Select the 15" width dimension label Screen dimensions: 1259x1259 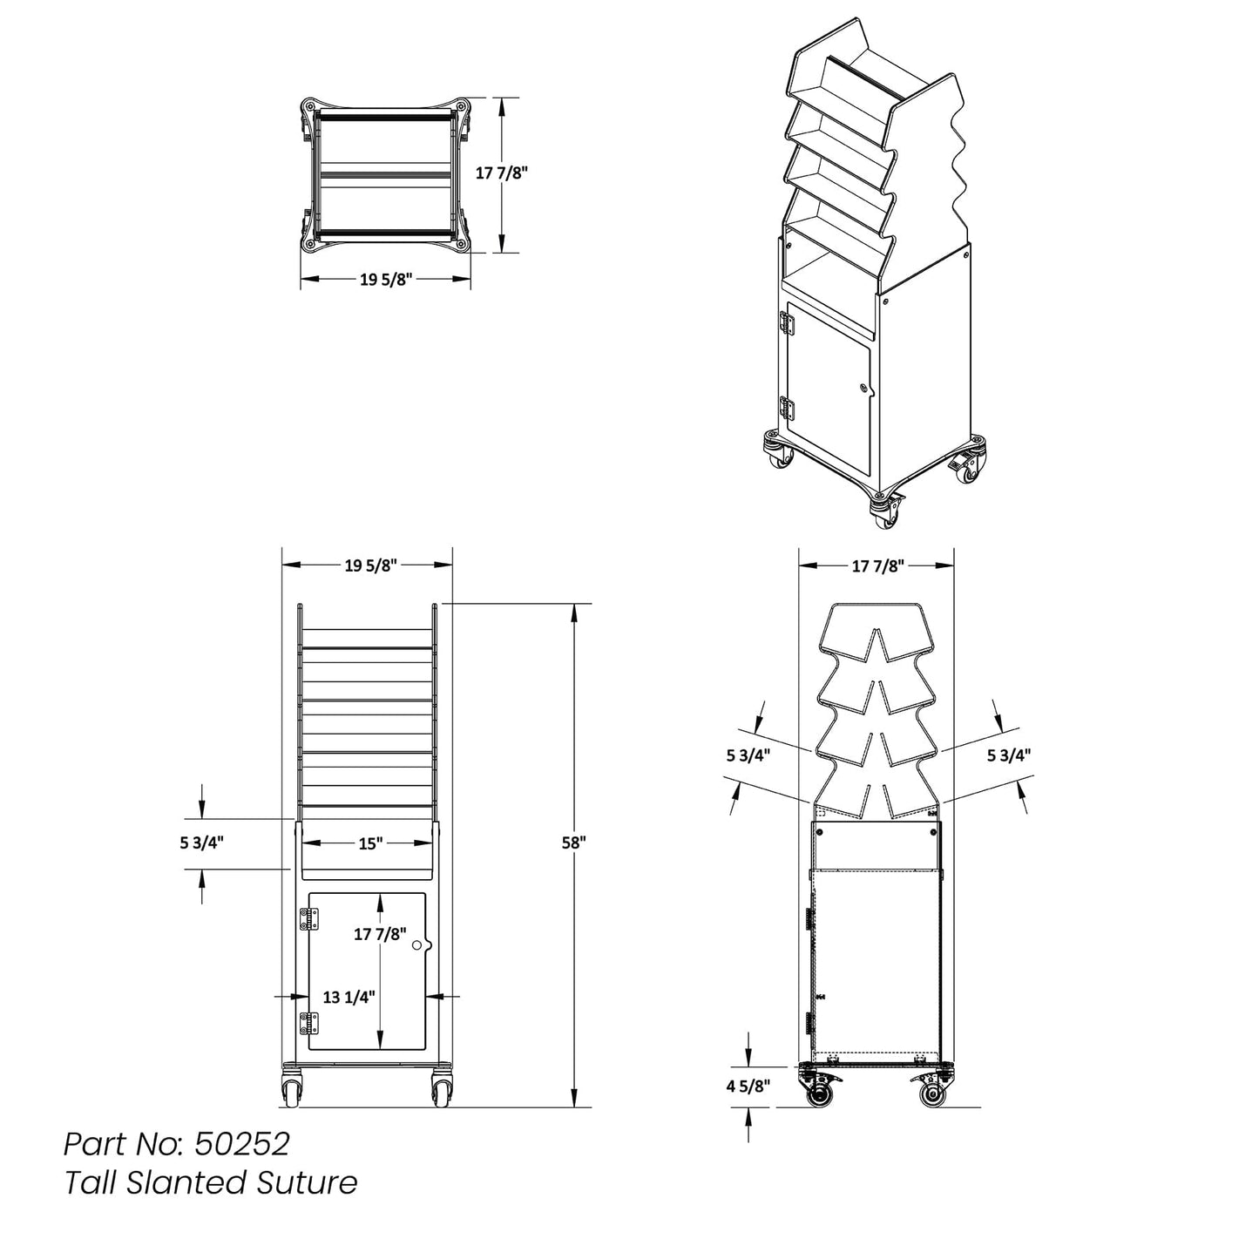click(x=370, y=843)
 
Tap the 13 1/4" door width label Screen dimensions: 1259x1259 click(x=349, y=997)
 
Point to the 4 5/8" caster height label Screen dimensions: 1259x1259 click(x=748, y=1086)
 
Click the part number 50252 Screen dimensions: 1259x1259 click(x=242, y=1143)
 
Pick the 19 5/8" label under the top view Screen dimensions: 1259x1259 click(x=385, y=280)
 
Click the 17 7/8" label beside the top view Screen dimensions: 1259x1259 click(x=502, y=173)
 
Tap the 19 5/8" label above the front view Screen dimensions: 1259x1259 click(x=370, y=565)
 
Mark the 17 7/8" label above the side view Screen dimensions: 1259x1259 click(x=877, y=566)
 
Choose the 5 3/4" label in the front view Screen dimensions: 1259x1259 click(x=201, y=843)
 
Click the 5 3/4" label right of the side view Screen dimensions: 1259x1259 click(x=1009, y=755)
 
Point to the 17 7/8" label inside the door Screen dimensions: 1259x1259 click(x=381, y=934)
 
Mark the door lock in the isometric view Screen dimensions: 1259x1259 click(x=863, y=389)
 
